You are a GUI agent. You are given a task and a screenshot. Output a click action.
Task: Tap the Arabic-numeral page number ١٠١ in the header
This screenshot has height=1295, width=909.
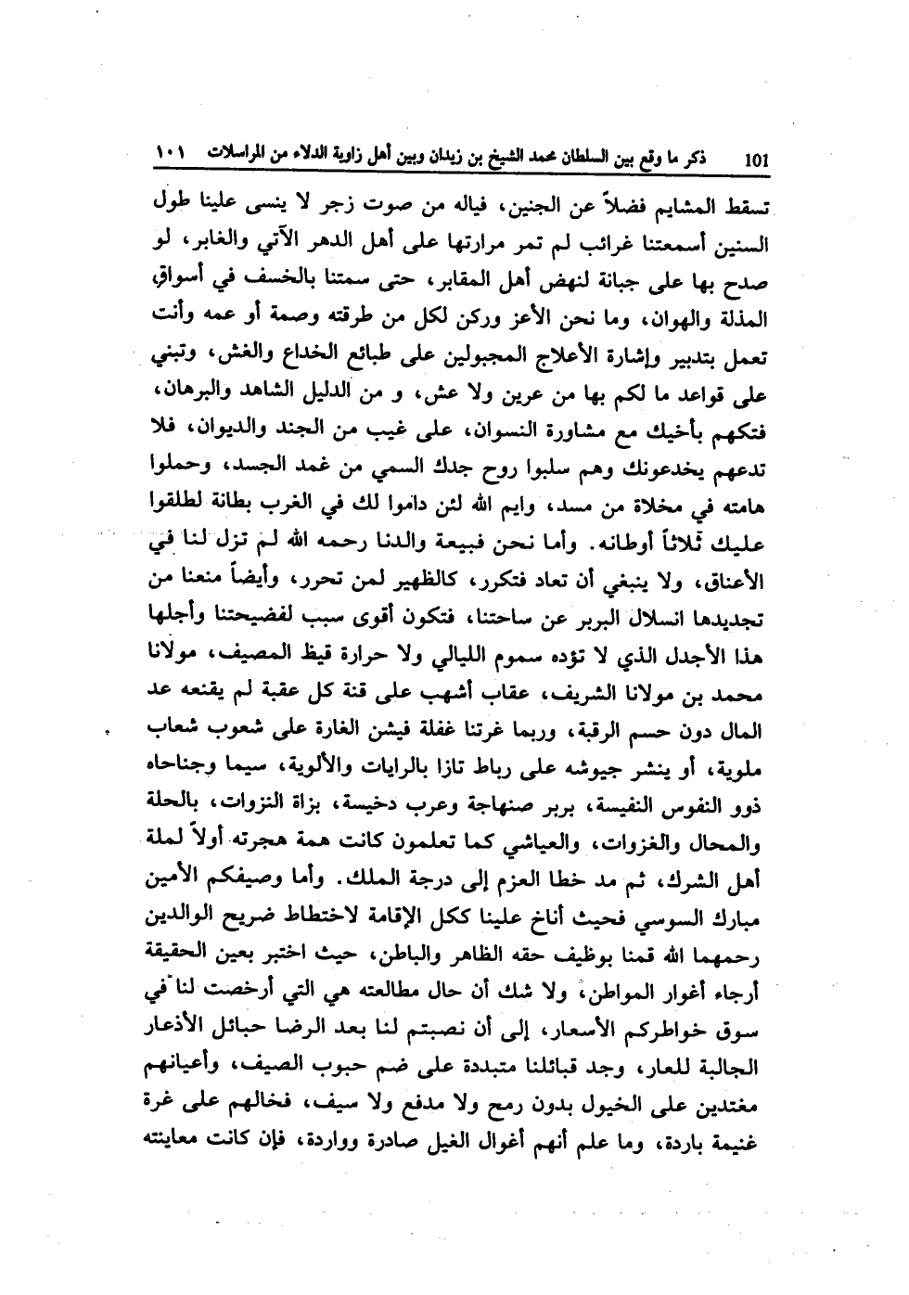coord(170,150)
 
